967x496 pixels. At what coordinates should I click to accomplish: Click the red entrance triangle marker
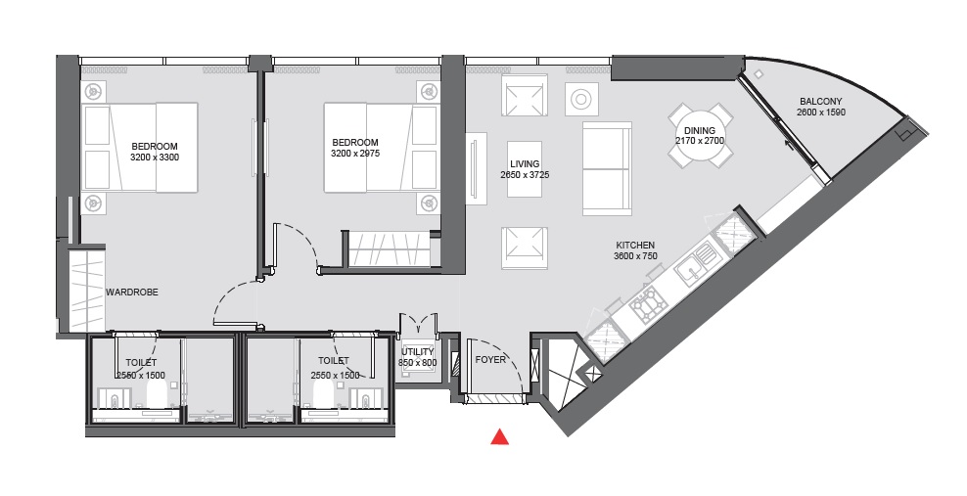(499, 437)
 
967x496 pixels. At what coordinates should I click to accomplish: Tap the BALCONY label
(821, 102)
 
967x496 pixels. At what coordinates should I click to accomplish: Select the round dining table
(700, 136)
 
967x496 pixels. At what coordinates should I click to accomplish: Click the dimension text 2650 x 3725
(525, 175)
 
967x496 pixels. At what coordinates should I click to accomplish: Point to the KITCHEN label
(635, 246)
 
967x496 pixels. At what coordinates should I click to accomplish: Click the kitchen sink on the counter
(695, 265)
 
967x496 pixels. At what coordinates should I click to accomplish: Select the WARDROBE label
(132, 293)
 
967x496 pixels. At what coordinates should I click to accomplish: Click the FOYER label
(490, 360)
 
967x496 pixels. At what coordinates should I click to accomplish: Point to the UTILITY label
(418, 352)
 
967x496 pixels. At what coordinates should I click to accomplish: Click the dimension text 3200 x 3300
(155, 158)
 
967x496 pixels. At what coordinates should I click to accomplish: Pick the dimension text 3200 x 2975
(355, 154)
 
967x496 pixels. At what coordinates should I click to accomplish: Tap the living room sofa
(608, 169)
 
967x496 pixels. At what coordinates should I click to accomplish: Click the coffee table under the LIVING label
(525, 169)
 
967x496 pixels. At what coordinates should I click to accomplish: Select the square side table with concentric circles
(581, 99)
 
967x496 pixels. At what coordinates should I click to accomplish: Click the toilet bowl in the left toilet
(157, 393)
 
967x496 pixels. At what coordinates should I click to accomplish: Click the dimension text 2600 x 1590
(821, 113)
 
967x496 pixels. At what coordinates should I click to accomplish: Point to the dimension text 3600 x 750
(635, 256)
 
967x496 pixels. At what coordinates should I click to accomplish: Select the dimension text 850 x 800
(418, 363)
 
